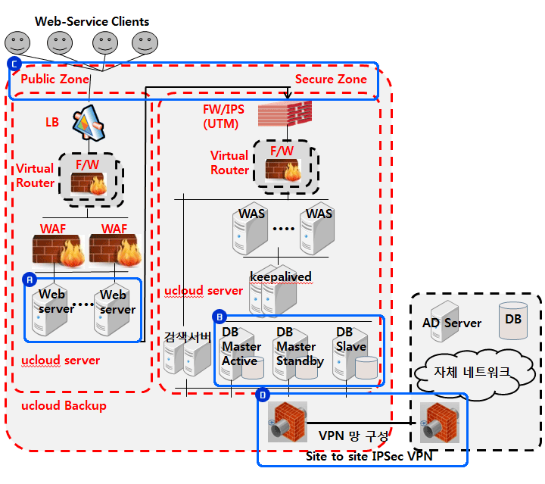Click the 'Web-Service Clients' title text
pos(92,21)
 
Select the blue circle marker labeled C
pos(13,64)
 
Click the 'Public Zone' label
pos(54,80)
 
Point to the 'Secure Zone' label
pos(331,79)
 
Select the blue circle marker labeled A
pos(30,278)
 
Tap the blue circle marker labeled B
pos(220,317)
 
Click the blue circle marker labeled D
pos(263,395)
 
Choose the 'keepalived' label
pos(280,276)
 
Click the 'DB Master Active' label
pos(241,346)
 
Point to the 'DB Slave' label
pos(350,339)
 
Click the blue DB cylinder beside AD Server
pos(512,317)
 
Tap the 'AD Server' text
pos(451,323)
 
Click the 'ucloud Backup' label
pos(64,406)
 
